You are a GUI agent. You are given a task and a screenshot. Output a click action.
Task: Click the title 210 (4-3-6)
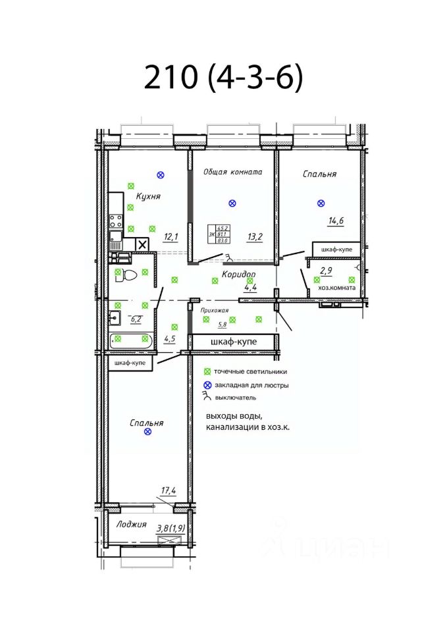[x=223, y=78]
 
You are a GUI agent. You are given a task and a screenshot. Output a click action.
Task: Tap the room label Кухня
[x=148, y=196]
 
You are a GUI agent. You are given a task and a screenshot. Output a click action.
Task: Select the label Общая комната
[x=232, y=172]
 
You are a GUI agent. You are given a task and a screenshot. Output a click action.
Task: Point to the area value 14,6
[x=336, y=221]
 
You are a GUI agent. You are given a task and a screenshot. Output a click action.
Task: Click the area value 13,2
[x=255, y=236]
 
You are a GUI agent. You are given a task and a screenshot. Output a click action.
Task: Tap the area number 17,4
[x=169, y=490]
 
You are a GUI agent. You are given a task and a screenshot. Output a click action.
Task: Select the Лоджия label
[x=131, y=525]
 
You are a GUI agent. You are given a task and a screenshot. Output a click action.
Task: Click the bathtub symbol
[x=131, y=340]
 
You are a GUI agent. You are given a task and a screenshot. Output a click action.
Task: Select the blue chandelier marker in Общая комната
[x=231, y=203]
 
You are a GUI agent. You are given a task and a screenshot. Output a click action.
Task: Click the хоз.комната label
[x=337, y=288]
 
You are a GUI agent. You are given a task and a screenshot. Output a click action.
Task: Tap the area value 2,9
[x=326, y=270]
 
